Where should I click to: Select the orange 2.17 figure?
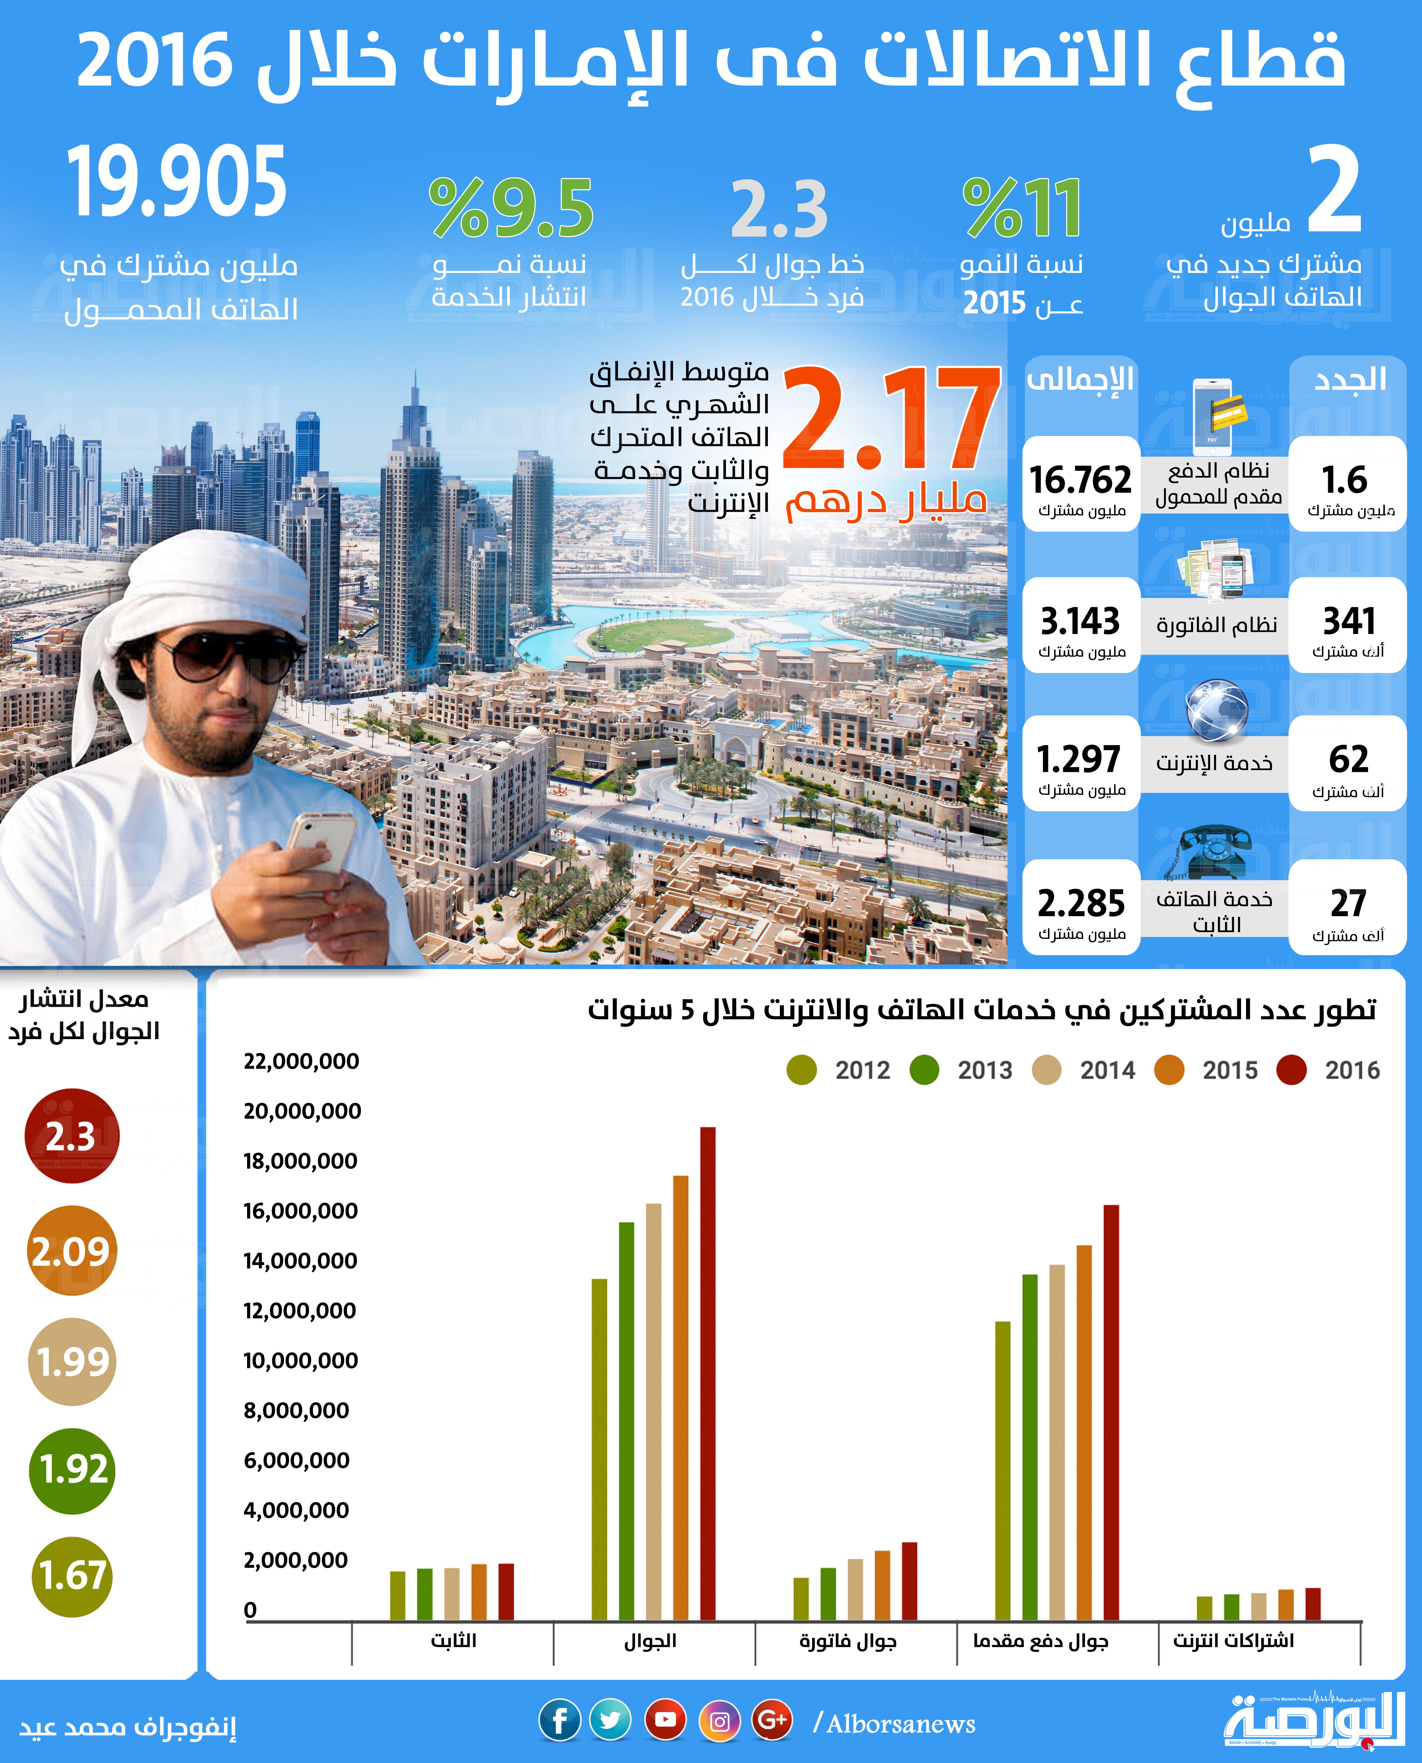click(x=891, y=419)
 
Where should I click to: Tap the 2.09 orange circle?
click(x=71, y=1251)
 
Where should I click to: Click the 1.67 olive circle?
click(x=71, y=1576)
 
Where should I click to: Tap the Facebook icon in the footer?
click(x=560, y=1720)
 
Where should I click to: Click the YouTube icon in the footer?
click(x=665, y=1720)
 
